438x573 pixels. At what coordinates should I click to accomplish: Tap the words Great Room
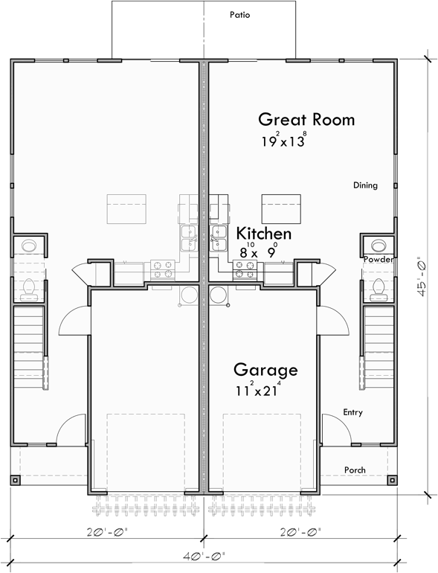pos(306,119)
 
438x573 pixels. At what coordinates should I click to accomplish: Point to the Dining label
pos(365,185)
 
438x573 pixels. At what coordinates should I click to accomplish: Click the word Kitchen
pos(263,234)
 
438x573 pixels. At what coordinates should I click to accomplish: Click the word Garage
pos(265,370)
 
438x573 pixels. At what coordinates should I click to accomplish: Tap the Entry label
pos(353,412)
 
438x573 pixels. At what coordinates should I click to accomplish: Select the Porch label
pos(355,470)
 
